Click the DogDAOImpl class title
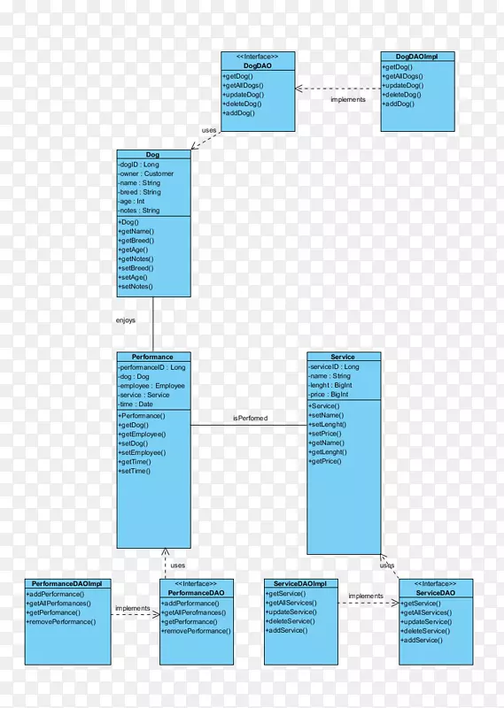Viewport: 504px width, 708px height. tap(417, 57)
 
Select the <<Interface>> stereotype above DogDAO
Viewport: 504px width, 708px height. tap(257, 57)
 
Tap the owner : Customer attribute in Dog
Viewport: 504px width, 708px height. tap(146, 173)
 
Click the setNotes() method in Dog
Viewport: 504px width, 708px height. tap(136, 286)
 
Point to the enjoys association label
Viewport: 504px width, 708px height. tap(126, 320)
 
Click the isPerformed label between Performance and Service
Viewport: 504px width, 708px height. tap(251, 418)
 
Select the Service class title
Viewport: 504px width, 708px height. tap(343, 357)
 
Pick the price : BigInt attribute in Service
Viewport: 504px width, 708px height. tap(329, 394)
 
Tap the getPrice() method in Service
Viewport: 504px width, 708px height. tap(325, 461)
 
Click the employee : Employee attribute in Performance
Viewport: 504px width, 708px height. tap(151, 386)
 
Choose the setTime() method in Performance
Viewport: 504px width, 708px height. tap(135, 471)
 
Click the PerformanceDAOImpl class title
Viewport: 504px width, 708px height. tap(67, 584)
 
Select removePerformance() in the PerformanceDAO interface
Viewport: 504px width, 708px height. tap(196, 631)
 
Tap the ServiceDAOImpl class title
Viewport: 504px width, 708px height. tap(299, 583)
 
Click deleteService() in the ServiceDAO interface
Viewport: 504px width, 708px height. tap(425, 631)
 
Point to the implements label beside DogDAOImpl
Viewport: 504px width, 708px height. tap(348, 99)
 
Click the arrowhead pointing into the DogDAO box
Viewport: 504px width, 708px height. tap(299, 88)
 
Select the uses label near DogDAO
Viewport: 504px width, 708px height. tap(209, 130)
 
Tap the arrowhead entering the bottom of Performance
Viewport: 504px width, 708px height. tap(166, 551)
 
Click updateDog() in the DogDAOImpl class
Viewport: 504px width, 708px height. tap(403, 85)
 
